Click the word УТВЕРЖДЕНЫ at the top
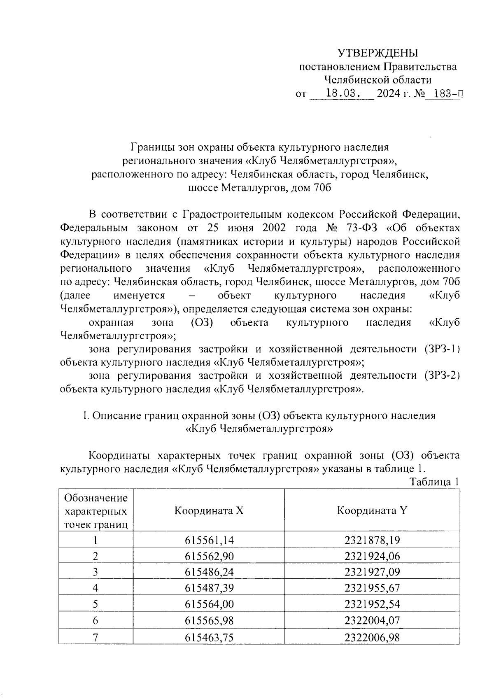[377, 53]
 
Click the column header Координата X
[209, 511]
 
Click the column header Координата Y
[372, 511]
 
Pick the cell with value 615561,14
[209, 540]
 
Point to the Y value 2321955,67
[372, 588]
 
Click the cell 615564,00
[209, 604]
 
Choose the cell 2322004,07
[372, 620]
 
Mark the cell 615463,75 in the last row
[209, 637]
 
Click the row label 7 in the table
[96, 637]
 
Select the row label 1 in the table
[96, 540]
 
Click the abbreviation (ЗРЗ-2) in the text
[440, 375]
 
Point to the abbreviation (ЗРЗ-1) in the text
[441, 349]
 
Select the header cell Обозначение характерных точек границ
[96, 511]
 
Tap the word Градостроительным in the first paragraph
[232, 214]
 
